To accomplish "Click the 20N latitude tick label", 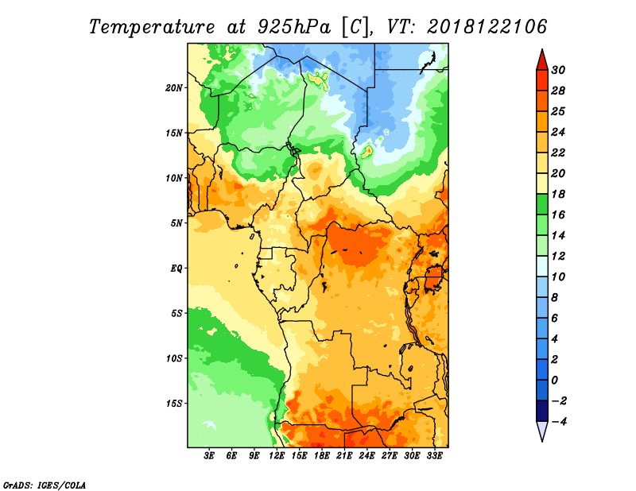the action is click(174, 88).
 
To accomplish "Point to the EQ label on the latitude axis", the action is click(176, 269).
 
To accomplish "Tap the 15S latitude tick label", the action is click(174, 404).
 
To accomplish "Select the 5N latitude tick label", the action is click(176, 223).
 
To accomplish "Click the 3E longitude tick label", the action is click(209, 456).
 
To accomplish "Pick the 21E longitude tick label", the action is click(344, 456).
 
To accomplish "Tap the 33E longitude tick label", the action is click(434, 456).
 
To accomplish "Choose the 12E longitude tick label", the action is click(277, 456).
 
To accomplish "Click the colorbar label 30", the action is click(558, 70).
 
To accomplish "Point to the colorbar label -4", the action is click(559, 422).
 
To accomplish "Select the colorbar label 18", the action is click(558, 194).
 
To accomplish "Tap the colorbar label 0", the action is click(555, 381).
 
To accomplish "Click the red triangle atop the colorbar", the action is click(542, 60).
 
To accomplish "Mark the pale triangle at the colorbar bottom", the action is click(542, 431).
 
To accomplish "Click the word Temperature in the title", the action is click(151, 27).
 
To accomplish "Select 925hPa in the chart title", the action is click(294, 27).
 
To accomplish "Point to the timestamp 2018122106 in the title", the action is click(487, 27).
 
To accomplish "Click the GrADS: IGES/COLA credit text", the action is click(45, 485).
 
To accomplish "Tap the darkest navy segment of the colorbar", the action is click(542, 411).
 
